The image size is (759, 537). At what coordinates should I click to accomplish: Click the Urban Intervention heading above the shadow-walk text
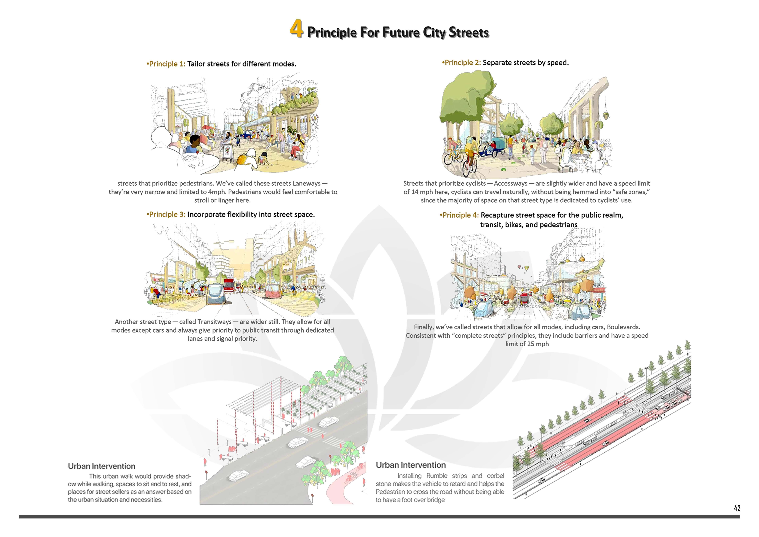(101, 466)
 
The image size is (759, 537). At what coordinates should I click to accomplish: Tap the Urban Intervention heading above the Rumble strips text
(411, 465)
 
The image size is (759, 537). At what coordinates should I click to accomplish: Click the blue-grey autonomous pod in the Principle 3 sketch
(216, 294)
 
